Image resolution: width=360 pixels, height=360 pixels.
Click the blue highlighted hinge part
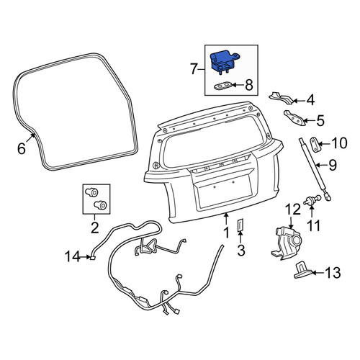pos(222,63)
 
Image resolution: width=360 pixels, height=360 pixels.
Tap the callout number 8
pos(249,85)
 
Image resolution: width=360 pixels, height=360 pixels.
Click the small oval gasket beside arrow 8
pos(223,86)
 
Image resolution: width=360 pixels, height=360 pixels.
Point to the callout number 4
pos(310,100)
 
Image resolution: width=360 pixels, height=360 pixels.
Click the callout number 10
pos(339,143)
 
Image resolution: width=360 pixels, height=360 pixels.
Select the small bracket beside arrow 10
pos(314,145)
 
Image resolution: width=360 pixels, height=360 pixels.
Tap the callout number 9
pos(333,165)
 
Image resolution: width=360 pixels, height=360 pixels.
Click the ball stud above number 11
pos(312,201)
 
